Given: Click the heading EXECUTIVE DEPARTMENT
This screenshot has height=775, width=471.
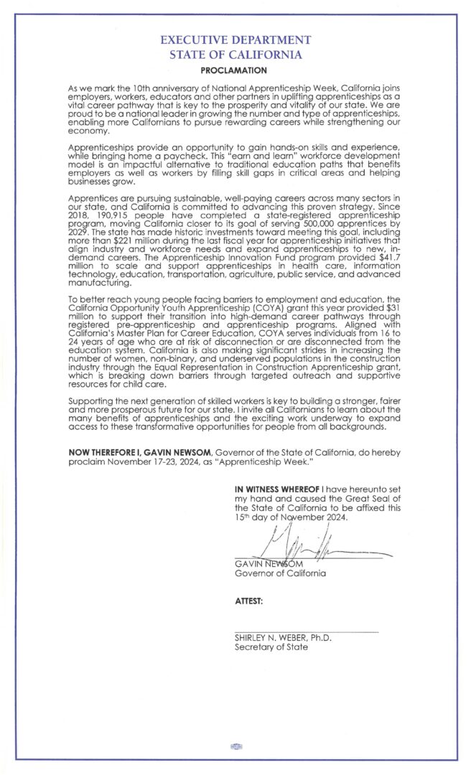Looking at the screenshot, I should click(x=235, y=41).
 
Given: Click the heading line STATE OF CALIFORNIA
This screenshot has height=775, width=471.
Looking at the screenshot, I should click(x=235, y=55).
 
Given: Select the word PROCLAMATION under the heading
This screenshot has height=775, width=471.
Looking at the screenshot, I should click(x=235, y=70).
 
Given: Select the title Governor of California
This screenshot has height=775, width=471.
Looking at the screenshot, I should click(x=280, y=573).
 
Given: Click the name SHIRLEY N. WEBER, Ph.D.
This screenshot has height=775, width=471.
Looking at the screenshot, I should click(x=283, y=637).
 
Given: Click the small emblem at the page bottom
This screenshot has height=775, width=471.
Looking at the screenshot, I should click(x=235, y=747).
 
